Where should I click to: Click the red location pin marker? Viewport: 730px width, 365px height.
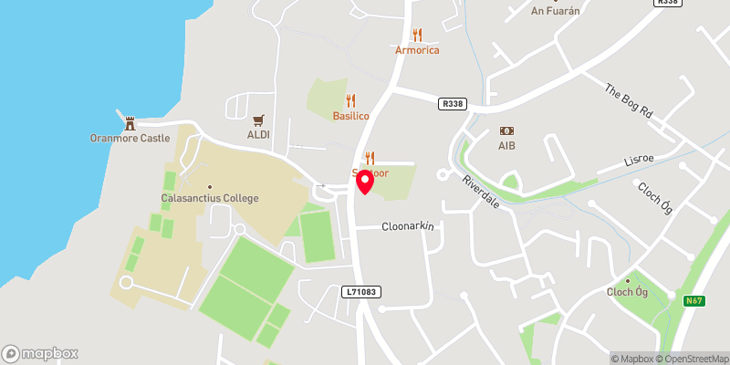[364, 181]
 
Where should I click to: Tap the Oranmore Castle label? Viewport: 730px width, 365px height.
[130, 138]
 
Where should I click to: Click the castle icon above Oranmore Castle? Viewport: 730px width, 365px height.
[130, 122]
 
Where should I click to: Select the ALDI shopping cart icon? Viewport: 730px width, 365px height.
[258, 120]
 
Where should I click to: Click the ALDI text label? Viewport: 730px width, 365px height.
[258, 135]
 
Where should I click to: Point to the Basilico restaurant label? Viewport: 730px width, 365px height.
[350, 117]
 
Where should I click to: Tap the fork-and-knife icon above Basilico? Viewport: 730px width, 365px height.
[350, 100]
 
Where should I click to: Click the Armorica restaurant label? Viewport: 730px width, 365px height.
[417, 50]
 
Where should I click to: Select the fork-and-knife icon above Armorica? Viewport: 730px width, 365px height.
[417, 35]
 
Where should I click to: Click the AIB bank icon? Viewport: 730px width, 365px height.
[506, 131]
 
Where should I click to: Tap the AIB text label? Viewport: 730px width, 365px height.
[506, 146]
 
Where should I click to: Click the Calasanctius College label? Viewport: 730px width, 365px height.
[211, 198]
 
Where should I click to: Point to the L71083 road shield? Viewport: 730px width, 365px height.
[362, 292]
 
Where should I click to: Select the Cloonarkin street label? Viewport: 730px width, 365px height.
[407, 226]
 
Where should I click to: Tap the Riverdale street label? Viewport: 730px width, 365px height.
[480, 192]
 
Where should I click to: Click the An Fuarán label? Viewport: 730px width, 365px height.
[557, 11]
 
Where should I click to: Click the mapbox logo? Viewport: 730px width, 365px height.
[40, 353]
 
